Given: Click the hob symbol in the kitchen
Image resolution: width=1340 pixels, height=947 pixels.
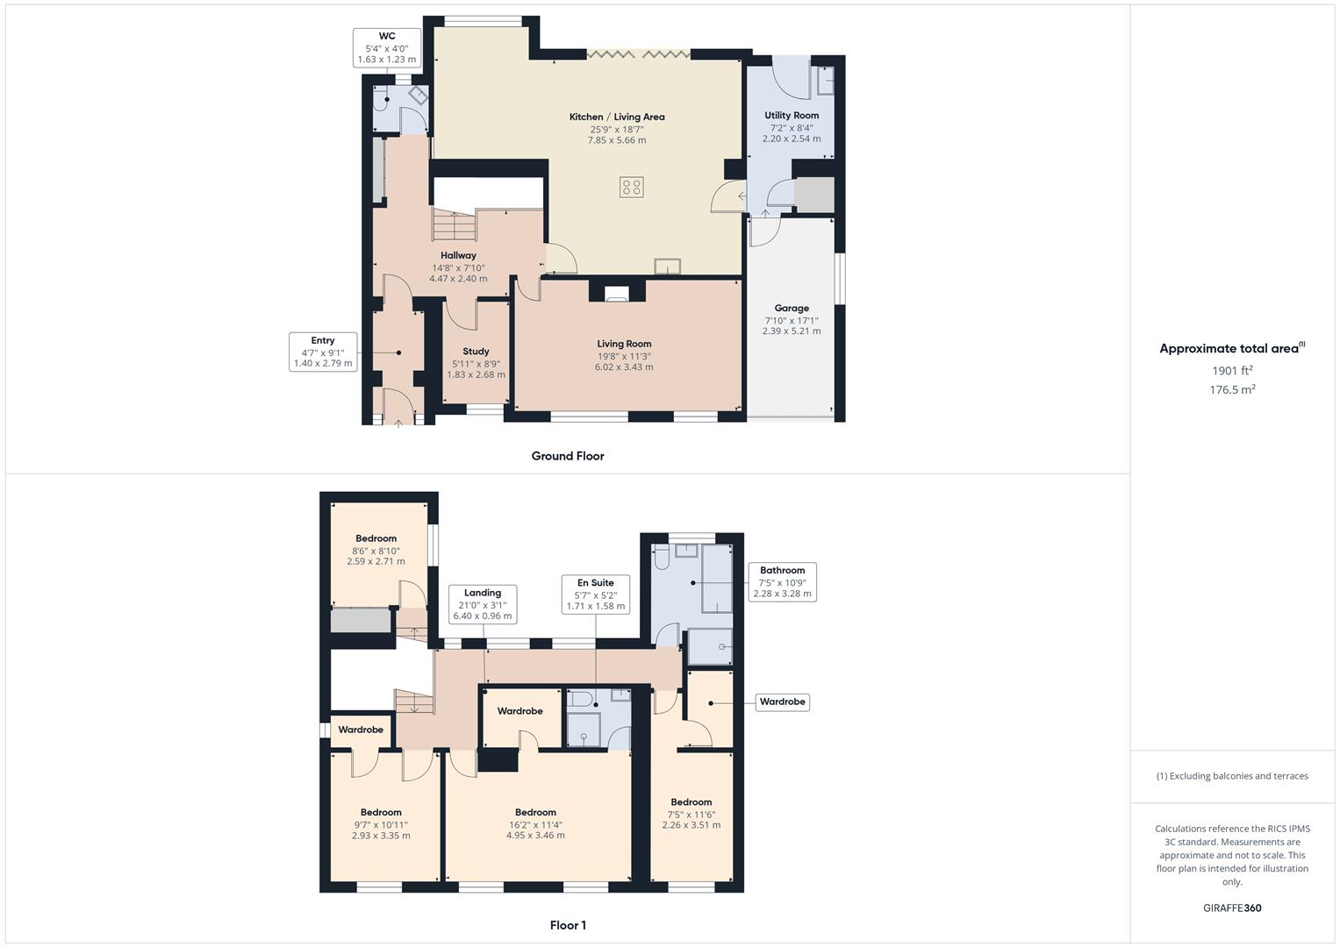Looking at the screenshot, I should [x=631, y=187].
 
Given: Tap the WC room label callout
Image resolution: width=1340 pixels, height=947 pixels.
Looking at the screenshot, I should [x=387, y=48].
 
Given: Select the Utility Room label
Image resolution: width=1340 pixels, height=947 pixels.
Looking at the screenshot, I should [x=791, y=116].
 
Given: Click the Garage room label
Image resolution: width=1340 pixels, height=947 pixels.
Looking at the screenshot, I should [x=791, y=309].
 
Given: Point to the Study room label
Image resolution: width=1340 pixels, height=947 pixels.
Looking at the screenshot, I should [x=476, y=352].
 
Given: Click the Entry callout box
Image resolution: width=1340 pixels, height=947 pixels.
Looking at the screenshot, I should [x=323, y=352].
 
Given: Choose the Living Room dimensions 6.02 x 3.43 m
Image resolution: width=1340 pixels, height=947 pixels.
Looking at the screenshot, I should [x=624, y=367].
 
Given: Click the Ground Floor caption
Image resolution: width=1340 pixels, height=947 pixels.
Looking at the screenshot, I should [x=568, y=456].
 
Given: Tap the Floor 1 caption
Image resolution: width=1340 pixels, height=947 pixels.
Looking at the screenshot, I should [x=568, y=925].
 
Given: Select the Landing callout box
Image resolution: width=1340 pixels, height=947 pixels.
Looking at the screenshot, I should [x=482, y=604].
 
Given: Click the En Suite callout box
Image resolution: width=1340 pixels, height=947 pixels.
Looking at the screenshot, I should [x=595, y=595].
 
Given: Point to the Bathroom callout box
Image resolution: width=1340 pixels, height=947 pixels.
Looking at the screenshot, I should [x=782, y=581].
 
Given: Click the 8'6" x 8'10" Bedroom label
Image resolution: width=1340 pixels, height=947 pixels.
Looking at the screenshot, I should [x=376, y=539].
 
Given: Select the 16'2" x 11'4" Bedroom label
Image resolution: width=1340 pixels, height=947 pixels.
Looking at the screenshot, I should [x=535, y=813].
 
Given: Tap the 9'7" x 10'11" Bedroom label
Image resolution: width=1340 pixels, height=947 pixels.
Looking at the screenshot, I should [x=381, y=813].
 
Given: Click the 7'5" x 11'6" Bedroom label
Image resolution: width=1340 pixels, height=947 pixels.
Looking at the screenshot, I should [x=691, y=802].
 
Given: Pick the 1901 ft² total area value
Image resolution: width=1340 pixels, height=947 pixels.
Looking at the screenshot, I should [x=1232, y=370].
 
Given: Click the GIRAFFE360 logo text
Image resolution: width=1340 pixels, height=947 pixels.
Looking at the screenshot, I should [x=1232, y=908].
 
